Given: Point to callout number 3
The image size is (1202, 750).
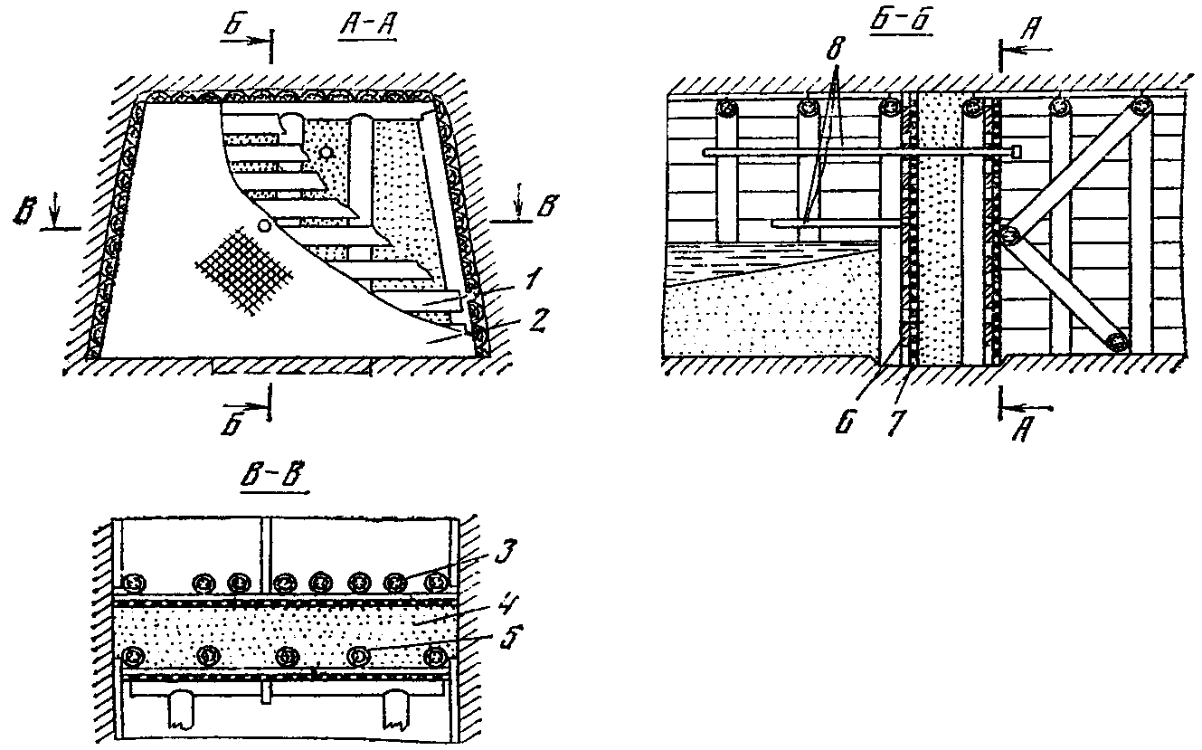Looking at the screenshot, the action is point(505,552).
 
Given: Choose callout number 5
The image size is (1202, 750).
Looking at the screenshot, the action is point(511,636).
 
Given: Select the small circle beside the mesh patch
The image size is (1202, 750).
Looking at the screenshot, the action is point(263,226).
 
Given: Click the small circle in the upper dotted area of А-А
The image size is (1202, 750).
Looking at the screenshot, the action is point(326,154).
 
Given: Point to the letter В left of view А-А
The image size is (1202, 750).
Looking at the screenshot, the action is point(24,213).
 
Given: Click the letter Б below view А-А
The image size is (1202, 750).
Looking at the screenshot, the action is point(234,424).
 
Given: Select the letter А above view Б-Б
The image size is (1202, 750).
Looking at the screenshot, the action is point(1030,30).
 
